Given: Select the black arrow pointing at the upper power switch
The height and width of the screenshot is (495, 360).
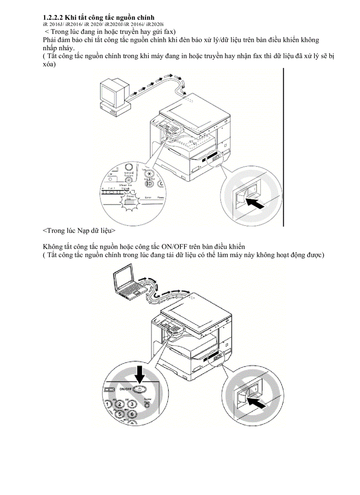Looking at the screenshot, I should (255, 203).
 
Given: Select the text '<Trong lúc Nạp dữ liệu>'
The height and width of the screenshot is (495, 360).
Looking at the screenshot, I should (79, 230).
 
